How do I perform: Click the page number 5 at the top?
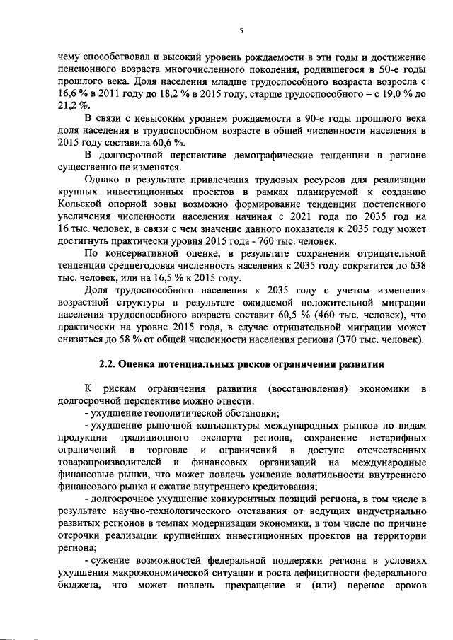coord(241,31)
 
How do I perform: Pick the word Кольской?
coord(81,205)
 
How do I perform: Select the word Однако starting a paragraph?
coord(104,180)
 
